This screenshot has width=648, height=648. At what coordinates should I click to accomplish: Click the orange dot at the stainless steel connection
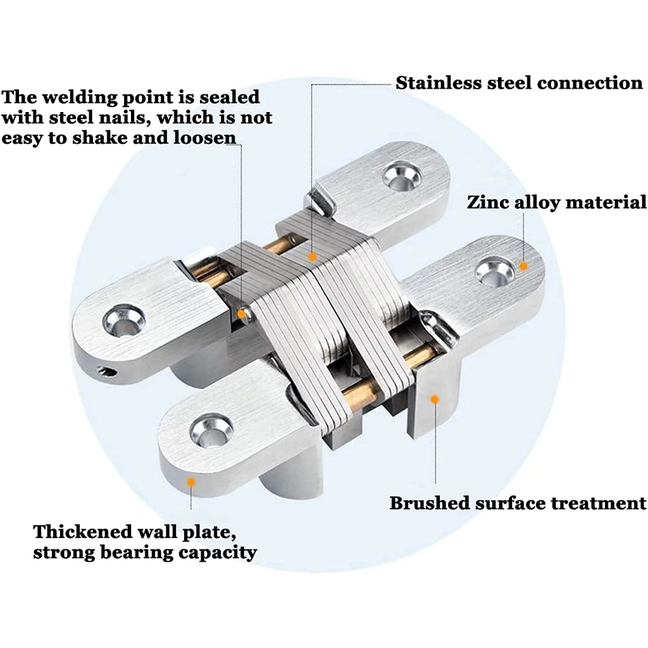(313, 257)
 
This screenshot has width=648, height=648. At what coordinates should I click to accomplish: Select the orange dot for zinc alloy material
(523, 266)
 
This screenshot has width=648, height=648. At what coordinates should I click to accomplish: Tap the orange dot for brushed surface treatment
(435, 399)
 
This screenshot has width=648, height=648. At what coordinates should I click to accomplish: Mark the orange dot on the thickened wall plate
(191, 482)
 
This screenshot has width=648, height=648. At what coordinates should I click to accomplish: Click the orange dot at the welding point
(241, 314)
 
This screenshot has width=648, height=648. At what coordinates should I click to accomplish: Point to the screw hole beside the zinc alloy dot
(495, 272)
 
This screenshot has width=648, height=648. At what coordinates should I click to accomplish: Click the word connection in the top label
(590, 83)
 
